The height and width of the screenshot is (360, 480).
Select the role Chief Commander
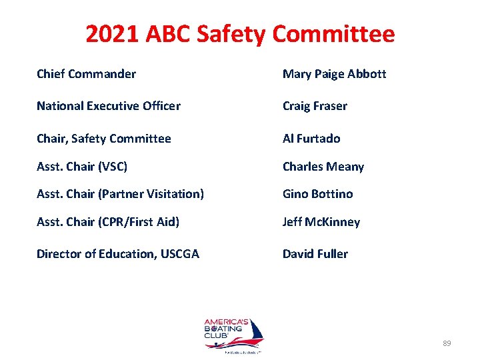click(86, 73)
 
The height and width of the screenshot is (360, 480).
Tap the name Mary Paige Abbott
click(334, 73)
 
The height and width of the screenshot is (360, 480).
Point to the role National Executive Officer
click(108, 105)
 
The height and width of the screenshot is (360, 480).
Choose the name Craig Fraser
click(315, 105)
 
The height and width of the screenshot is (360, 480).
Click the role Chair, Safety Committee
click(103, 139)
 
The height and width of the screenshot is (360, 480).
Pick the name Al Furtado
click(311, 139)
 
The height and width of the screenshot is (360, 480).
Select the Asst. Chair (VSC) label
click(82, 166)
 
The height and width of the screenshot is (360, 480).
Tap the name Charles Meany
click(323, 166)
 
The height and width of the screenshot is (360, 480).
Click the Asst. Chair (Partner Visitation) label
click(120, 194)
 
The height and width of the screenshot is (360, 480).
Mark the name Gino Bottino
click(317, 194)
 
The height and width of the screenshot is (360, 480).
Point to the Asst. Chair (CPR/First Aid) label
click(108, 222)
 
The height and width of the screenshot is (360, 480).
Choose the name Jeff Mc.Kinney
click(321, 222)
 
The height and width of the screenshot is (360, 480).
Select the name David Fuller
click(315, 254)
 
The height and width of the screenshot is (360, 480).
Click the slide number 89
click(447, 343)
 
